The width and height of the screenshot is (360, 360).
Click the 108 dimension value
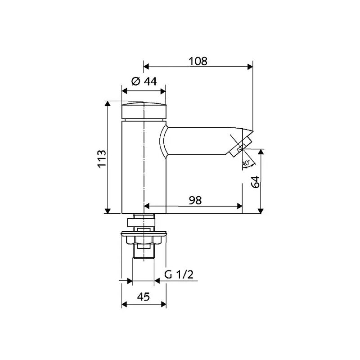point(198,61)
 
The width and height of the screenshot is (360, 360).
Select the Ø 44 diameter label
point(144,81)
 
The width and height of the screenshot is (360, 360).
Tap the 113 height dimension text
point(102,159)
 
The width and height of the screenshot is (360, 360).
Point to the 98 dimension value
point(195,200)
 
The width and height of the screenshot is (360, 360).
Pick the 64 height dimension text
point(255,182)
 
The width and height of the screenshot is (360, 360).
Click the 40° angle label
point(246,163)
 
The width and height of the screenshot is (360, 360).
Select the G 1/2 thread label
point(179,274)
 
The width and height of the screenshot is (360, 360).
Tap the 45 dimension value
point(144,297)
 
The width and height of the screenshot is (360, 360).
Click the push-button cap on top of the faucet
point(144,111)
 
